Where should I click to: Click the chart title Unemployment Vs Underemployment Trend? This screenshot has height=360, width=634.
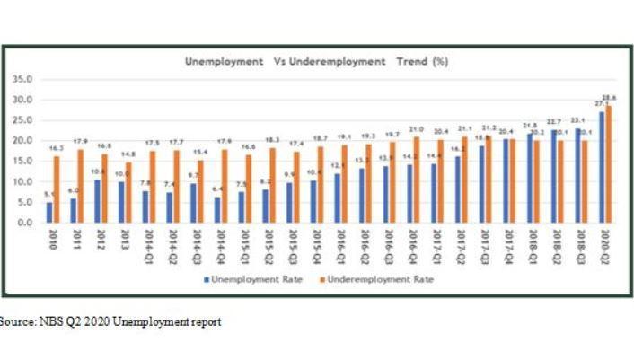(x=315, y=63)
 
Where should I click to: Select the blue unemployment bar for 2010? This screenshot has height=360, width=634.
(x=49, y=212)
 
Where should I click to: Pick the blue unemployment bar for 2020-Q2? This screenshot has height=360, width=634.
(x=602, y=167)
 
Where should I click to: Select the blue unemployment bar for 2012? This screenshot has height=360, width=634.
(x=97, y=201)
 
